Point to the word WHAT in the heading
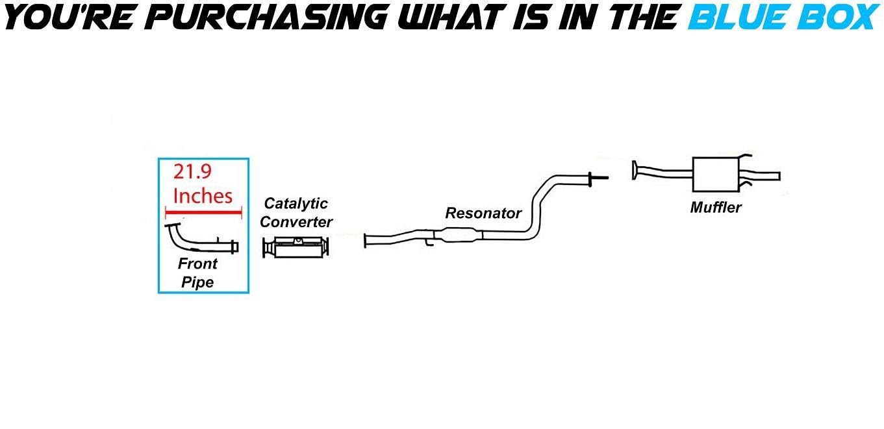pos(448,18)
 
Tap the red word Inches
pos(203,195)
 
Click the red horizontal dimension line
pos(203,212)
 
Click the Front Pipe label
pos(197,273)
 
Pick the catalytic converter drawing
pos(296,247)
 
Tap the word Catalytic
pos(296,204)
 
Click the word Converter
pos(296,222)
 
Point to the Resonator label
pos(483,213)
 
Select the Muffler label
pos(716,208)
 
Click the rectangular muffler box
pos(714,174)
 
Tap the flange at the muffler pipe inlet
pos(634,171)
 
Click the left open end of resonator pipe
pos(366,240)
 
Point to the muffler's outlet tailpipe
pos(766,175)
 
